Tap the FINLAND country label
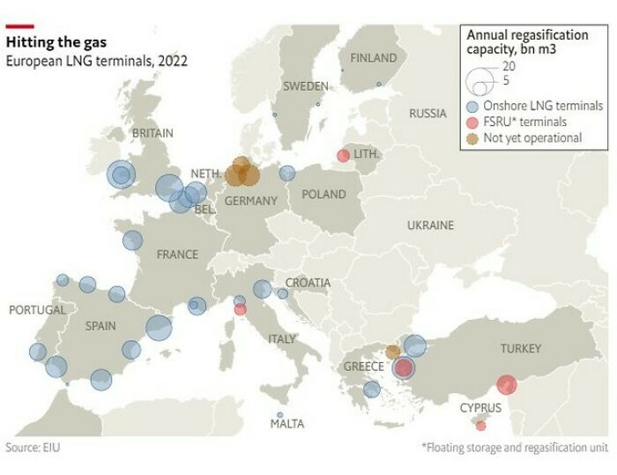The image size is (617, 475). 373,58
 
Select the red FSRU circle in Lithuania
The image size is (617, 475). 343,156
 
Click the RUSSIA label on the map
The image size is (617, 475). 427,114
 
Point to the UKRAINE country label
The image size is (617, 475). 429,226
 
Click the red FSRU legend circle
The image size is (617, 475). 472,122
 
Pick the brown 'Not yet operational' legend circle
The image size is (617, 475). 472,137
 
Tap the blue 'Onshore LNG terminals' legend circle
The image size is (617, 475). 472,106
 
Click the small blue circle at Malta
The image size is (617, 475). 280,415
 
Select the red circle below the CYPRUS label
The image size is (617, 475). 480,426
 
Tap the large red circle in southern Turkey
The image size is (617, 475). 506,385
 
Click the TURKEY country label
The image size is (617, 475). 520,349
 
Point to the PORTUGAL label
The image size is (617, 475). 37,310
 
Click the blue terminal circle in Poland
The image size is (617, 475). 287,174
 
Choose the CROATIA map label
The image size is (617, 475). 308,283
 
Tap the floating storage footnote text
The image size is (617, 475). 515,448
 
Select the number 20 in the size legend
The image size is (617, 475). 509,66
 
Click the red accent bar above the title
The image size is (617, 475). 20,26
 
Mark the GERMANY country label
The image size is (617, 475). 250,201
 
